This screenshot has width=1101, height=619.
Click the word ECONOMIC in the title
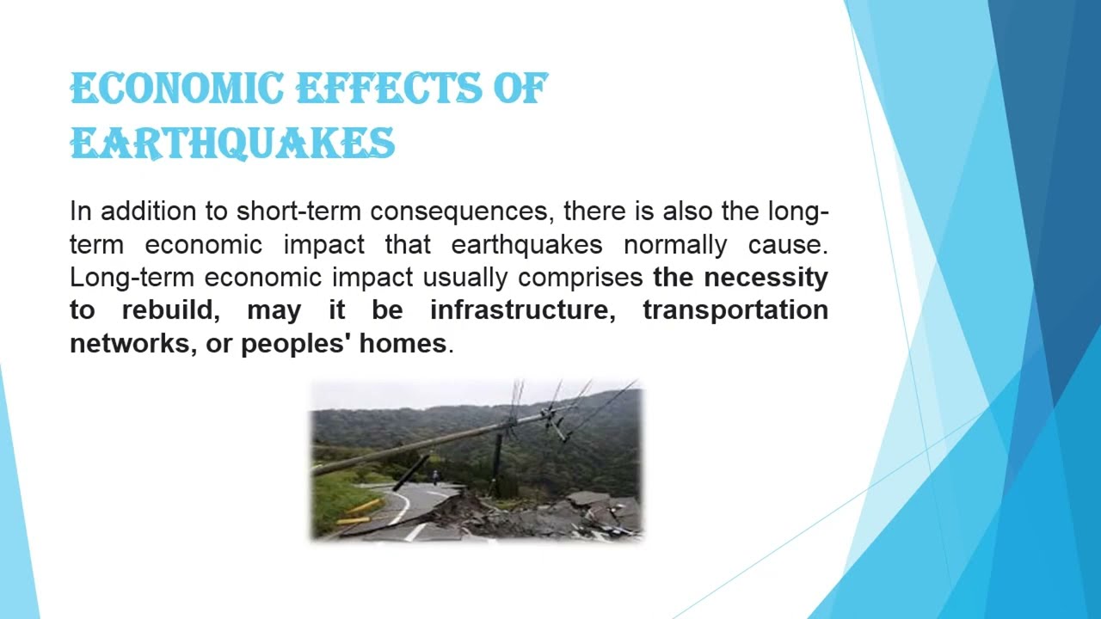[176, 89]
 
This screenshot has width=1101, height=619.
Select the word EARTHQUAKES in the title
[232, 144]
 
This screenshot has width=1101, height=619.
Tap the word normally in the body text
[675, 244]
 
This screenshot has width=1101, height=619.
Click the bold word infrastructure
[522, 310]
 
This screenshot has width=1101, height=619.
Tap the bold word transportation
[735, 310]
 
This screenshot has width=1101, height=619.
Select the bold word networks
[130, 344]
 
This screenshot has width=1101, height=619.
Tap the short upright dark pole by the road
[497, 464]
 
